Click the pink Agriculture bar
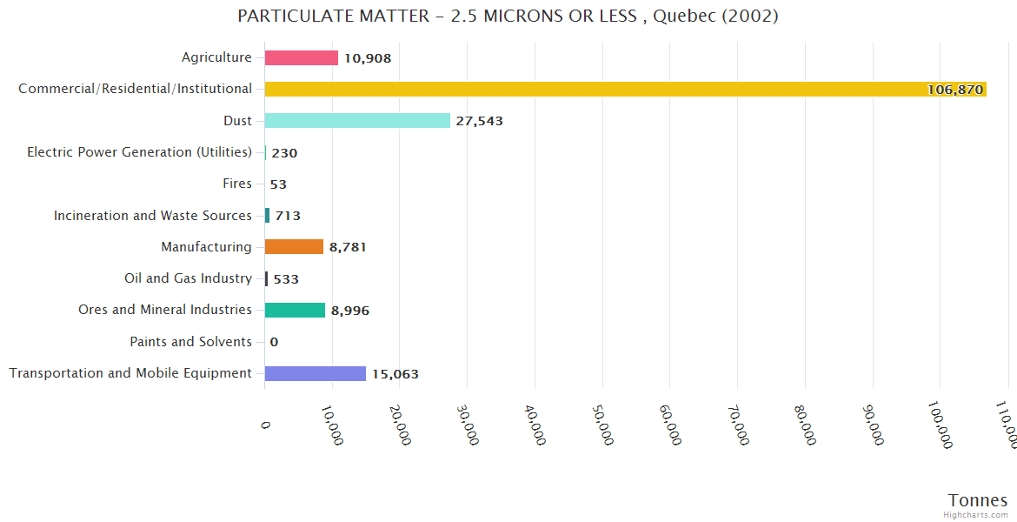tap(302, 57)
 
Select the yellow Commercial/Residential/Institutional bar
tap(625, 89)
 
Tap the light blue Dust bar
tap(357, 121)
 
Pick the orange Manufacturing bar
tap(294, 247)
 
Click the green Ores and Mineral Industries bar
tap(295, 311)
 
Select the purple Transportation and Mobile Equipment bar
tap(316, 374)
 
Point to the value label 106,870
tap(954, 90)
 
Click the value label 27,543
tap(479, 122)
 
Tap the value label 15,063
tap(395, 375)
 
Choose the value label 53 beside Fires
tap(278, 184)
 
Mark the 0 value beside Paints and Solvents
tap(274, 343)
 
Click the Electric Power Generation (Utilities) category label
tap(139, 152)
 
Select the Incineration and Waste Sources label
tap(153, 216)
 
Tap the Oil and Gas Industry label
tap(188, 278)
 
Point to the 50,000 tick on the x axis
tap(602, 425)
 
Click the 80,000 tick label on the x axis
tap(804, 425)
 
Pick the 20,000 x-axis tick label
tap(399, 425)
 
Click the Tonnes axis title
tap(977, 500)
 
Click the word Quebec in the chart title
tap(687, 17)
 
